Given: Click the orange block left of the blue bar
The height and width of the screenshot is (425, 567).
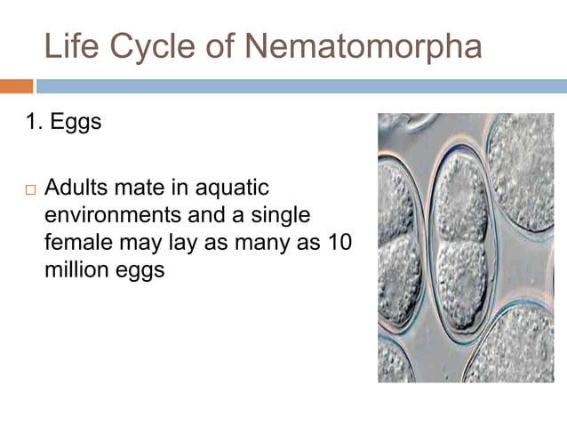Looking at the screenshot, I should pyautogui.click(x=16, y=86).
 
